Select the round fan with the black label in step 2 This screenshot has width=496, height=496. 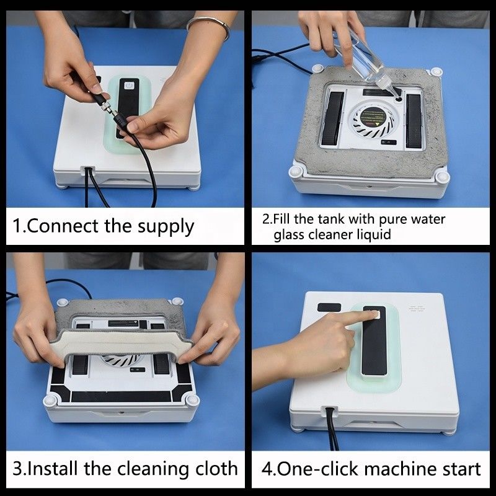click(x=374, y=121)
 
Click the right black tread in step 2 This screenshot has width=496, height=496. click(x=414, y=121)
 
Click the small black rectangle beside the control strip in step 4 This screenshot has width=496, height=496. click(x=329, y=307)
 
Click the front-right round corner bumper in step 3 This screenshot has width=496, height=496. click(x=192, y=400)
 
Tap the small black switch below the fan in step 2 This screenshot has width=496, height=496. click(x=389, y=143)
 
